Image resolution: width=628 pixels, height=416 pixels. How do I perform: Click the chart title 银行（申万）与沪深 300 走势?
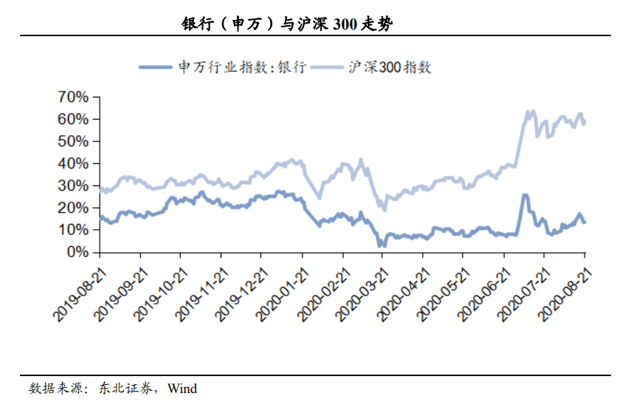click(x=288, y=24)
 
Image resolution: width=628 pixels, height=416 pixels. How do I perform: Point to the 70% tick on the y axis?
click(x=73, y=97)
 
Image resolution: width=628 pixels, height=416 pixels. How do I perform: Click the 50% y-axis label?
click(x=73, y=141)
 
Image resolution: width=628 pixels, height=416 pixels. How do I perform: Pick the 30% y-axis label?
click(x=73, y=185)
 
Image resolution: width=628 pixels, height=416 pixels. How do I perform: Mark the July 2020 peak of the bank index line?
click(x=525, y=195)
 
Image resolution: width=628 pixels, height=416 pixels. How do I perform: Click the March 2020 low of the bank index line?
click(x=382, y=245)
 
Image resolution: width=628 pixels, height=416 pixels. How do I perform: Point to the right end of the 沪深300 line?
click(x=585, y=122)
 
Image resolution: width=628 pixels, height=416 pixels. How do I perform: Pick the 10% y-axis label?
click(x=73, y=230)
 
